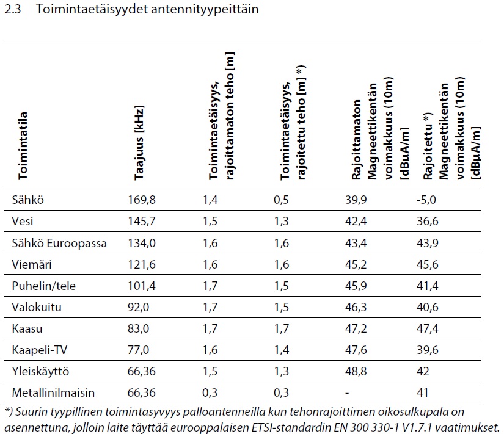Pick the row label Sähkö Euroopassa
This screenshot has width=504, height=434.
[59, 242]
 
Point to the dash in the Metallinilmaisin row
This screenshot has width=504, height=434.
[346, 391]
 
